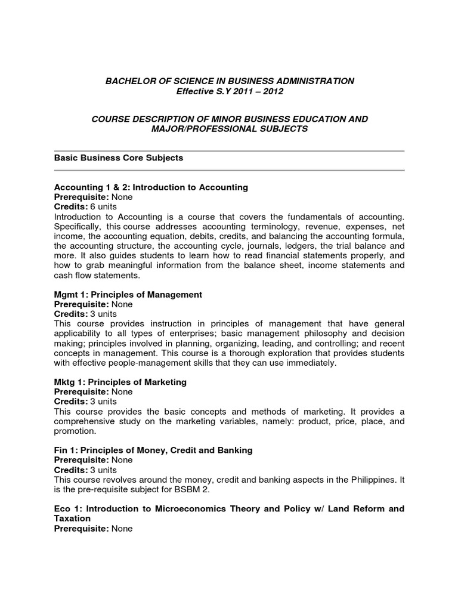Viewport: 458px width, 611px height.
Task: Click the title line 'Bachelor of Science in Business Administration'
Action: tap(230, 81)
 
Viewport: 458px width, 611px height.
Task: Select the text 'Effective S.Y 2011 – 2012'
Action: tap(230, 91)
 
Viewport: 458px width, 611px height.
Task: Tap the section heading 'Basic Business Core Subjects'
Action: tap(119, 158)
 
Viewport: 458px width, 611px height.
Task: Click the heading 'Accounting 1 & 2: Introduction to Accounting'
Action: tap(151, 187)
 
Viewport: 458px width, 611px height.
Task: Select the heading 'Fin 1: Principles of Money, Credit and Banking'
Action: tap(153, 450)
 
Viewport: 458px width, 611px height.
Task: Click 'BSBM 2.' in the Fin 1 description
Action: tap(196, 489)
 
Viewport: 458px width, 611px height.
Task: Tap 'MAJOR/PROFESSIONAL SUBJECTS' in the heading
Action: tap(230, 129)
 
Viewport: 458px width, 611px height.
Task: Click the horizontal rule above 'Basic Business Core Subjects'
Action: tap(230, 151)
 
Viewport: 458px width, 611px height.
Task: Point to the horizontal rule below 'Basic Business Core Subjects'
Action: tap(230, 170)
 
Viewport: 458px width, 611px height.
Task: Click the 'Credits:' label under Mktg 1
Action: tap(70, 401)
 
